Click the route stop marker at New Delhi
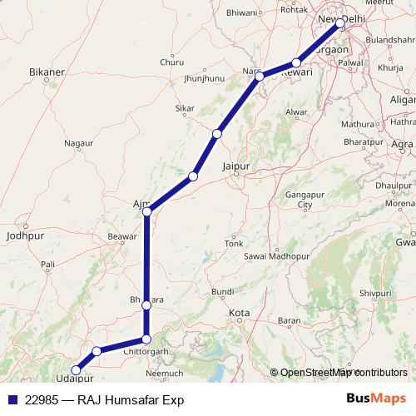[x=340, y=25]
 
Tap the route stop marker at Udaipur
[x=76, y=370]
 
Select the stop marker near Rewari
[x=297, y=63]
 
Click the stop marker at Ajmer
[x=146, y=212]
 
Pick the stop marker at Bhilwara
[x=146, y=305]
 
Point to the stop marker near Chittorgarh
[x=146, y=339]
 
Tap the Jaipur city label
[x=237, y=167]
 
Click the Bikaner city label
[x=47, y=72]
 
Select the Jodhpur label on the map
[x=23, y=235]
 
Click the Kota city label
[x=239, y=313]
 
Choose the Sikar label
[x=185, y=108]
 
